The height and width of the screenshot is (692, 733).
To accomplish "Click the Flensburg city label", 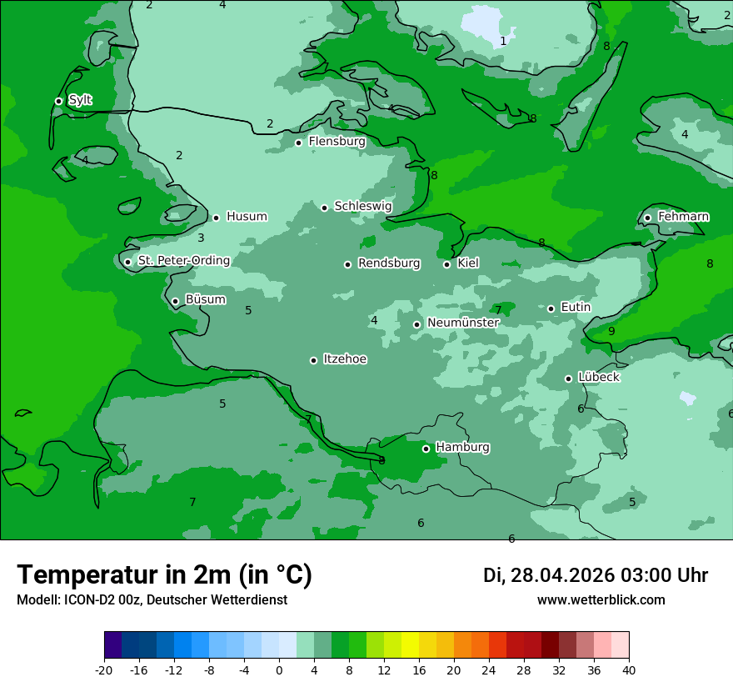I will (337, 142).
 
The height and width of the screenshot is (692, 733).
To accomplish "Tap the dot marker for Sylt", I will (58, 101).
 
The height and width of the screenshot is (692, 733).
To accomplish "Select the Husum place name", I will (247, 217).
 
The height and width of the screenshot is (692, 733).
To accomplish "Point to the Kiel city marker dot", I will (446, 264).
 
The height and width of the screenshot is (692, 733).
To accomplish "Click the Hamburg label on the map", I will (462, 448).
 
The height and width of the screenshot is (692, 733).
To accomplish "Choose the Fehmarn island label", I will (683, 217).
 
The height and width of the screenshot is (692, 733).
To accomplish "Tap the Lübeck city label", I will (598, 378).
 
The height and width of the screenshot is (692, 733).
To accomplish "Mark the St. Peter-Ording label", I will (183, 261).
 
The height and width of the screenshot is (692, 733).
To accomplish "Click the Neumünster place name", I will (463, 323).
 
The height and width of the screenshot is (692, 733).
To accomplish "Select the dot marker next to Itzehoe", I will (313, 360).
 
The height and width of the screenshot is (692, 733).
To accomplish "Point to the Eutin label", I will (576, 308).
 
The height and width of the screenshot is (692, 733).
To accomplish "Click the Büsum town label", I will (205, 300).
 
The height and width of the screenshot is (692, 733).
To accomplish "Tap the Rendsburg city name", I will (389, 263).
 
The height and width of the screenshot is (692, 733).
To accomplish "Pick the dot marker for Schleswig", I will (324, 208).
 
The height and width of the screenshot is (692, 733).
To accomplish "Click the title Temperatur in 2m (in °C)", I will (164, 575).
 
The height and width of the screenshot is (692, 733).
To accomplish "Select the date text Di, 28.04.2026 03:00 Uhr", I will (595, 575).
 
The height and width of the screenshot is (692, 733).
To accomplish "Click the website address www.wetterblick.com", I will (601, 600).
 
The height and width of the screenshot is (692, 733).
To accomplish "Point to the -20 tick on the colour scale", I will (104, 670).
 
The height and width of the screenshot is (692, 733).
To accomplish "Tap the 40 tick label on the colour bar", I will (629, 670).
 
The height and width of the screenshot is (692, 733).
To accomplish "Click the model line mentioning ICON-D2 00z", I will (152, 600).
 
